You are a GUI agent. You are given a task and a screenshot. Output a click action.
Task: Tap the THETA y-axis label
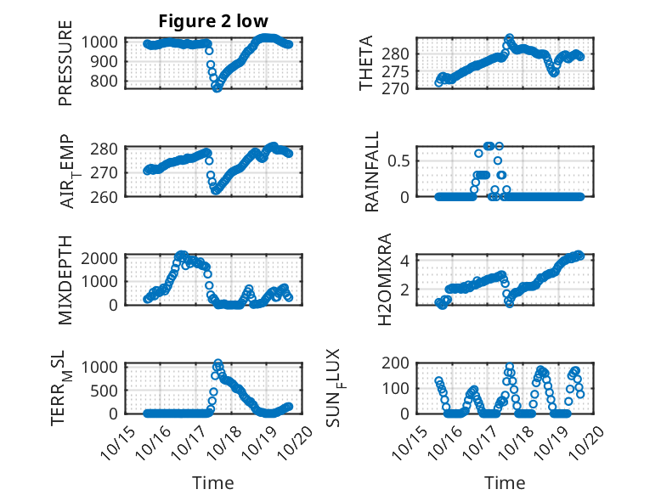tap(366, 64)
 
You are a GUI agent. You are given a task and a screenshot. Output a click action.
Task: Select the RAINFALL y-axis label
tap(371, 172)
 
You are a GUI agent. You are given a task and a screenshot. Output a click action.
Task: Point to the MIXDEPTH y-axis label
tap(65, 280)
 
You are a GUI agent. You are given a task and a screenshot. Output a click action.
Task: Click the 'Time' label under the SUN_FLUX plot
tap(505, 483)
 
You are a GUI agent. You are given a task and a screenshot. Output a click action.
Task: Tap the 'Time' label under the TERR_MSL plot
tap(212, 483)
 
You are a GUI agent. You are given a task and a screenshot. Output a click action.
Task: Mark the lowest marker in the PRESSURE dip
tap(217, 88)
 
